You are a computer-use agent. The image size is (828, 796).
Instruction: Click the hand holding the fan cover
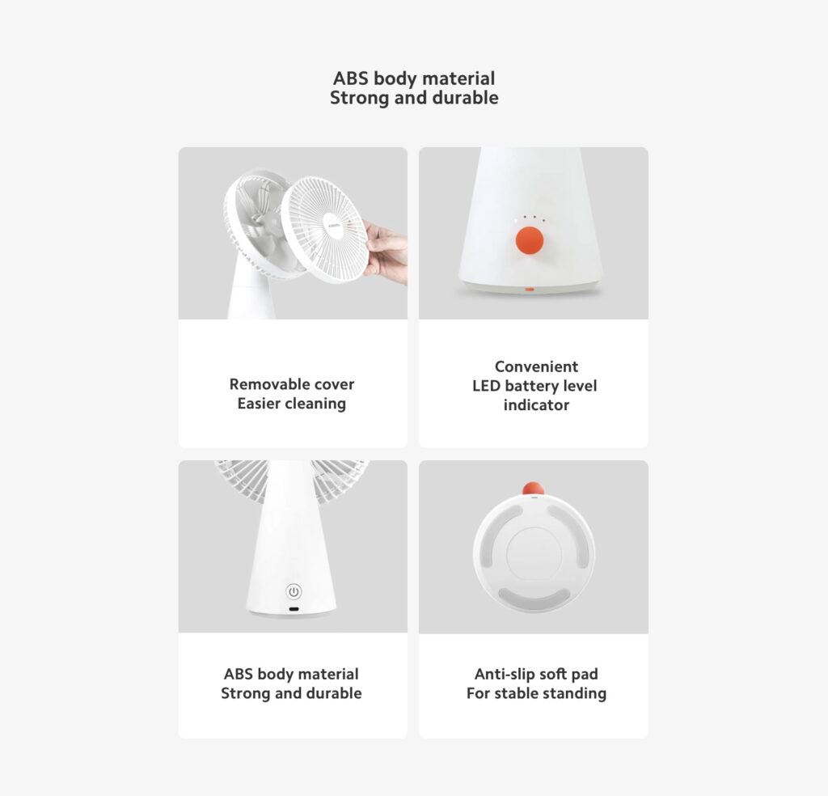coord(387,252)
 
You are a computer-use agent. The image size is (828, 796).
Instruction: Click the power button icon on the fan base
coord(294,591)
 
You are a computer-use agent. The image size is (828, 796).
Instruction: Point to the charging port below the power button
coord(294,608)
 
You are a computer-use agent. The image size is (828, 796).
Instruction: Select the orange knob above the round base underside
coord(532,488)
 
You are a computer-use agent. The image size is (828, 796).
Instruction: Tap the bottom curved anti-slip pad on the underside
coord(533,599)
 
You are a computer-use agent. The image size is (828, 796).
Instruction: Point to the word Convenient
coord(536,366)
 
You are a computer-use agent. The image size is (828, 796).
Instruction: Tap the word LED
coord(487,386)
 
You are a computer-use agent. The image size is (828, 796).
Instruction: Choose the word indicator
coord(536,405)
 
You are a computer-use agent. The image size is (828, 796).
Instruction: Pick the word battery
coord(534,386)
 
